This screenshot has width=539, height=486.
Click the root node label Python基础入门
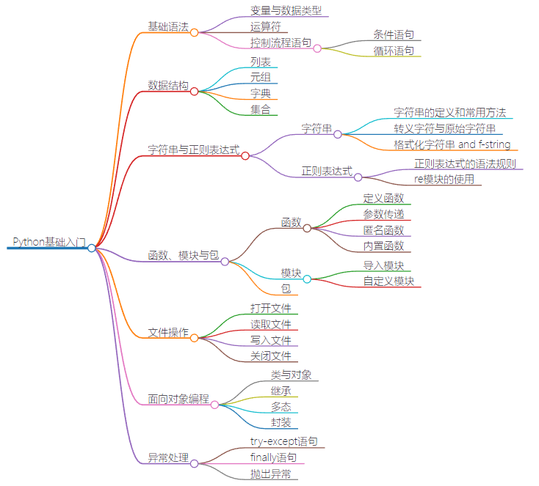(49, 241)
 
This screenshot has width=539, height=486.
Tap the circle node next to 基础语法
(194, 32)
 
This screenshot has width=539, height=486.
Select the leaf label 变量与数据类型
(286, 10)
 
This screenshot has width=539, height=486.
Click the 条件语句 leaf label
(393, 34)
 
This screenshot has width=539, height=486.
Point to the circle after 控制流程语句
(317, 48)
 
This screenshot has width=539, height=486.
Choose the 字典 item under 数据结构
(260, 93)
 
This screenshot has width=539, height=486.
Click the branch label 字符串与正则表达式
(194, 150)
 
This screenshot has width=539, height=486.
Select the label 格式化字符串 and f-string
(452, 144)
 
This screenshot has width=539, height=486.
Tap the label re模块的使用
(444, 179)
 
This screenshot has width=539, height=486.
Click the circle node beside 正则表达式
(358, 177)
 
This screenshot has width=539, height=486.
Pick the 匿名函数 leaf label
(383, 230)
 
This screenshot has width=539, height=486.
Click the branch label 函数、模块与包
(183, 255)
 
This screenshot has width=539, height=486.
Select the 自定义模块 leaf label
(388, 281)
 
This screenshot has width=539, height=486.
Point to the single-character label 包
(286, 289)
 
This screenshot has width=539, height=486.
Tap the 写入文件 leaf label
(271, 340)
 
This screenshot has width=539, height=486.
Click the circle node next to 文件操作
(194, 338)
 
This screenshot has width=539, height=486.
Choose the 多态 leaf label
(281, 407)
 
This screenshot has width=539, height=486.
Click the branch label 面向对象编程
(178, 400)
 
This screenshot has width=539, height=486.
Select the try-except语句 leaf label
(283, 441)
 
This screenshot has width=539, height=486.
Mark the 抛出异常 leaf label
(270, 474)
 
